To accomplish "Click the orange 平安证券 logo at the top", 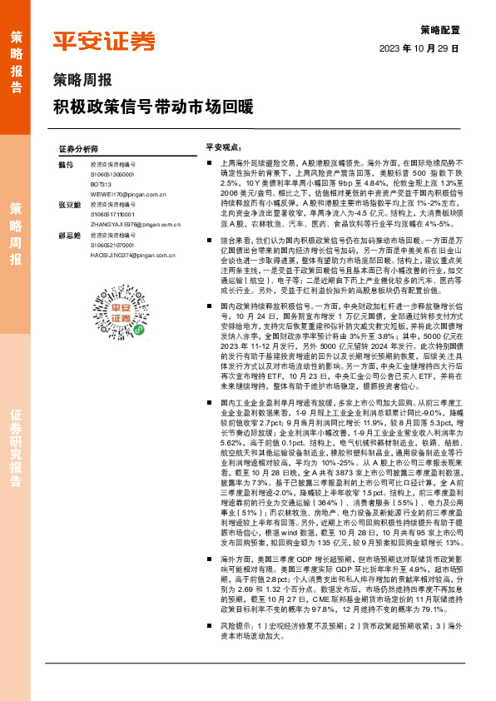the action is pyautogui.click(x=104, y=41).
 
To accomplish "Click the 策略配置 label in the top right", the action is pyautogui.click(x=440, y=28).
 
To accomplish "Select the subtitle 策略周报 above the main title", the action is pyautogui.click(x=82, y=81).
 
